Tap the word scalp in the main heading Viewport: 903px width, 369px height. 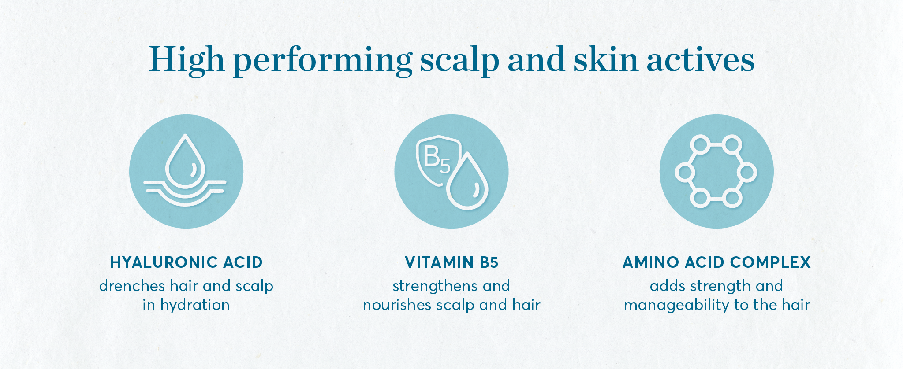(459, 62)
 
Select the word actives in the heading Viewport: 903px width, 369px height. (701, 59)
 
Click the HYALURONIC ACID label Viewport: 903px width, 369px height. (187, 262)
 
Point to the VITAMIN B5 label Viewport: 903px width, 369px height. (451, 262)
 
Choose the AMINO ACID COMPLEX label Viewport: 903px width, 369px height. (716, 262)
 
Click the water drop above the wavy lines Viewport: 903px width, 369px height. (186, 161)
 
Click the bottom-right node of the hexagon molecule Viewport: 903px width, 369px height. (732, 199)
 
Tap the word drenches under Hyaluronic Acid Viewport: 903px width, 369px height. (132, 286)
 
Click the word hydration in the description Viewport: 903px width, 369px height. (195, 305)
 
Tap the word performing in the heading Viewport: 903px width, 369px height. (322, 62)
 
